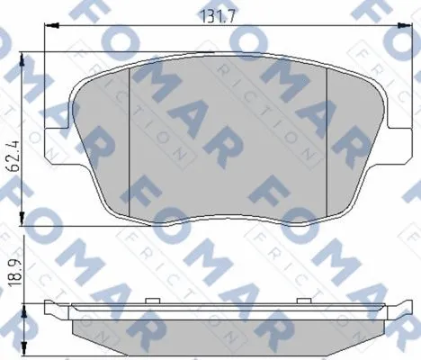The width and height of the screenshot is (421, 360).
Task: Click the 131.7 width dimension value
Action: tap(217, 16)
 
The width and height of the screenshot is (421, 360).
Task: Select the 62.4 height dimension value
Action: tap(13, 155)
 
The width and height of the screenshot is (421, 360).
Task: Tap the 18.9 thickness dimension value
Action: tap(13, 273)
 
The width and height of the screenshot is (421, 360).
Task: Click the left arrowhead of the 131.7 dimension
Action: tap(51, 26)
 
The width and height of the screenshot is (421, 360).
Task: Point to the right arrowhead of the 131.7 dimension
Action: tap(405, 26)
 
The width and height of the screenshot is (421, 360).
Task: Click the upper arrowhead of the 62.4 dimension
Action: tap(22, 60)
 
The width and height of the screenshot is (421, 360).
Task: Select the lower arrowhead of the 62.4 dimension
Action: tap(22, 218)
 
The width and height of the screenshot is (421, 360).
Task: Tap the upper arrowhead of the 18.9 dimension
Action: tap(24, 311)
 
